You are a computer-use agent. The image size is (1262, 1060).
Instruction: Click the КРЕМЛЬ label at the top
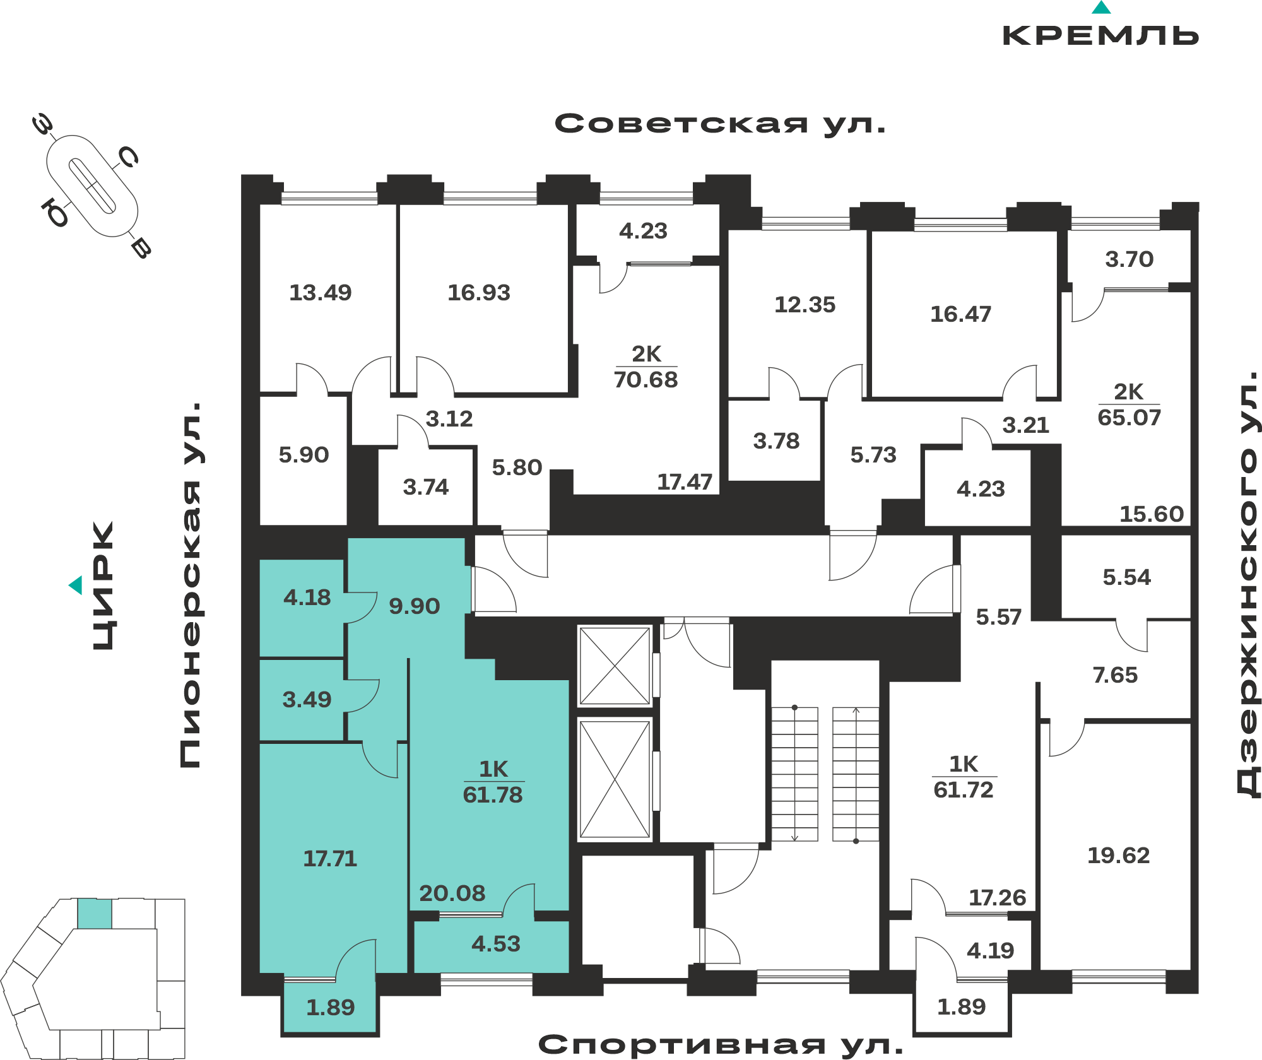[1100, 35]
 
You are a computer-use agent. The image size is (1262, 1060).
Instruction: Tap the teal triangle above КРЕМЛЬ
[1101, 8]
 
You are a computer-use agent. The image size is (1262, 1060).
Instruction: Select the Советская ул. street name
[720, 124]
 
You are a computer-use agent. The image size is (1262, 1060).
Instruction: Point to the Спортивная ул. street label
[721, 1045]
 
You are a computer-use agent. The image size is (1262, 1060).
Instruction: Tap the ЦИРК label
[103, 586]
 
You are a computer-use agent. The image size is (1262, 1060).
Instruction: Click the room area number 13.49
[320, 293]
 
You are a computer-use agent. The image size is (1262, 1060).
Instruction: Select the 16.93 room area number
[479, 293]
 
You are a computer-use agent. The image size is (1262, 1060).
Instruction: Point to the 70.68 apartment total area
[646, 380]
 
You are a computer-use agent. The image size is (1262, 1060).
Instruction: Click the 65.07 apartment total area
[1129, 418]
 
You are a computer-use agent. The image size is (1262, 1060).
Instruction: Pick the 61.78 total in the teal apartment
[493, 795]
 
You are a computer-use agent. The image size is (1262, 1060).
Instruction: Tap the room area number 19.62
[1118, 856]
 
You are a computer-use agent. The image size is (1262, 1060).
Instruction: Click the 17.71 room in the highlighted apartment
[330, 859]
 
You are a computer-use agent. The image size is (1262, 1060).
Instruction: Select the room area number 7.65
[1115, 675]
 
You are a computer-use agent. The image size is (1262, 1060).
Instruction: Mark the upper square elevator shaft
[615, 666]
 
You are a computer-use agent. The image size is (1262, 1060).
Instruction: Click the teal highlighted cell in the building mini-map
[95, 914]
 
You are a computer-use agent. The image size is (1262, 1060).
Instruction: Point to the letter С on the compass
[128, 157]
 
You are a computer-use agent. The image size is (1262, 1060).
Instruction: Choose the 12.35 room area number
[805, 305]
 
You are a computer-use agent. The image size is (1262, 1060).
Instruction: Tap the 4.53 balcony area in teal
[496, 944]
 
